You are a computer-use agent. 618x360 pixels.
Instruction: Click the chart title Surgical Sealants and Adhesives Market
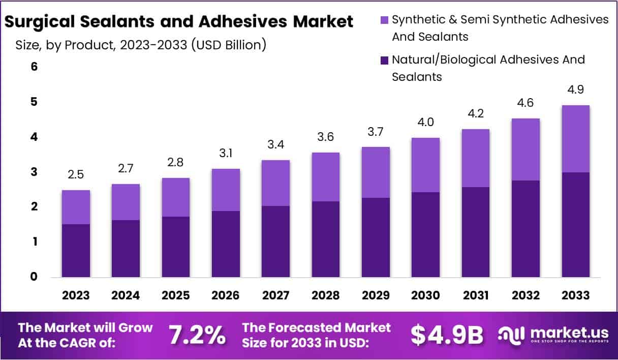(x=178, y=22)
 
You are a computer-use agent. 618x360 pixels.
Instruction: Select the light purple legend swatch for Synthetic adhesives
(x=384, y=20)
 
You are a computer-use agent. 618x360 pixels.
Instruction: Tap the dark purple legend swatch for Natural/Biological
(x=384, y=60)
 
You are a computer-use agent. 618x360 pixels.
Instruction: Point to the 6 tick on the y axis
(x=34, y=67)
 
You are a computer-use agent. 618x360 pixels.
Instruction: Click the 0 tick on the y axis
(x=34, y=277)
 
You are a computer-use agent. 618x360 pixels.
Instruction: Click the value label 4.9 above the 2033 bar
(x=575, y=90)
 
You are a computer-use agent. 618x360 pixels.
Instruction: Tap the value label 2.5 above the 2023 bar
(x=76, y=175)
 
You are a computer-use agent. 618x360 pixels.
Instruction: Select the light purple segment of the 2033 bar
(x=575, y=139)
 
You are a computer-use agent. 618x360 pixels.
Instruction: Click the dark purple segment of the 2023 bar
(x=76, y=251)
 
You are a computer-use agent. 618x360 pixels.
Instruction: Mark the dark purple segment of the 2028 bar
(x=325, y=239)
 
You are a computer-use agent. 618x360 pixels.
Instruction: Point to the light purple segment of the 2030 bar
(x=425, y=165)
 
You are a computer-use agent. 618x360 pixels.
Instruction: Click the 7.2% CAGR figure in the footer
(x=197, y=335)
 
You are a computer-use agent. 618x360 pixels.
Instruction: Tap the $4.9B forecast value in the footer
(x=447, y=335)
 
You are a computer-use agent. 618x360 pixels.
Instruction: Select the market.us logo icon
(x=511, y=335)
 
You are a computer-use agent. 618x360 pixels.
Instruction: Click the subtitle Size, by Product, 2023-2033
(x=141, y=45)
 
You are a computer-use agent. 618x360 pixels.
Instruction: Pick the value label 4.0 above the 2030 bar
(x=425, y=123)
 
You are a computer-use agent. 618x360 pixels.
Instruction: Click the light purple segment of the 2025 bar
(x=175, y=197)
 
